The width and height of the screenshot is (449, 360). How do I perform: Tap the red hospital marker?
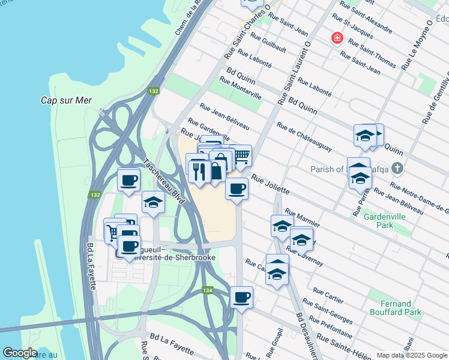pos(337,39)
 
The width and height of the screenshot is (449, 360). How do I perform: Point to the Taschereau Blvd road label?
pos(164,183)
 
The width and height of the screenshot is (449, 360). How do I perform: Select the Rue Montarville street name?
pos(240,88)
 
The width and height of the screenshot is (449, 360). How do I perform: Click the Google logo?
pos(19,353)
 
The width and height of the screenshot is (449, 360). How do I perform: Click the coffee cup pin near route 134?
pos(241,297)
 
